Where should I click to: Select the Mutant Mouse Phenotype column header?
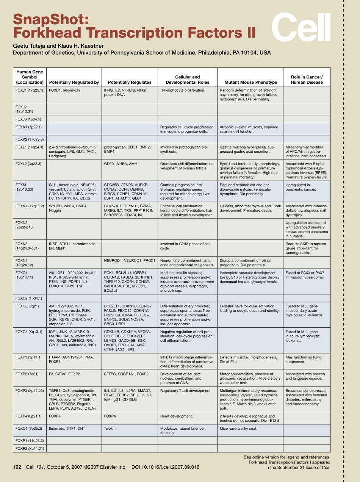(x=250, y=82)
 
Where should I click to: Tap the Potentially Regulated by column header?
(x=74, y=82)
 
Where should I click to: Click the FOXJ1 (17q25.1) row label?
(x=29, y=91)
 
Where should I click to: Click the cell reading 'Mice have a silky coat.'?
(x=238, y=429)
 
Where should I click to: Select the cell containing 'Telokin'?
(x=110, y=429)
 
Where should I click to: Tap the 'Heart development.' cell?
(x=176, y=416)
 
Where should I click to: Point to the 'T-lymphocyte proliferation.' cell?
(x=183, y=91)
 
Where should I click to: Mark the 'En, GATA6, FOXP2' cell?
(x=64, y=374)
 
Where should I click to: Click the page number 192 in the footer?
(x=18, y=467)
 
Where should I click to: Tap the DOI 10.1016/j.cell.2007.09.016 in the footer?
(x=165, y=467)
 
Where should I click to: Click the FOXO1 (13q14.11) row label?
(x=24, y=275)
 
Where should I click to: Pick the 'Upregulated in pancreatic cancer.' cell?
(x=301, y=187)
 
